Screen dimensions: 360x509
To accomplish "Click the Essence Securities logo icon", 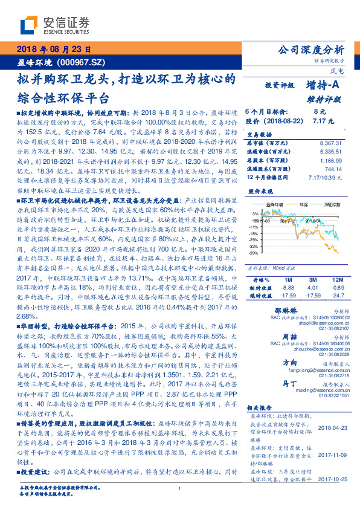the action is click(28, 25).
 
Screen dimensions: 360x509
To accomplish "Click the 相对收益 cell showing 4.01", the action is click(313, 288).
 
